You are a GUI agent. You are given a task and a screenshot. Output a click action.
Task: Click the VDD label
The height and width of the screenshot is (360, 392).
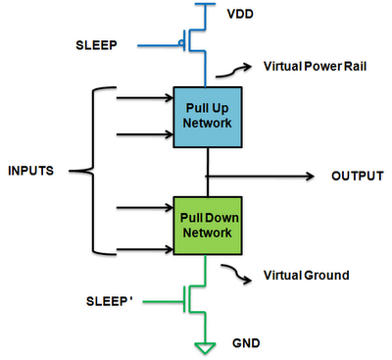(240, 14)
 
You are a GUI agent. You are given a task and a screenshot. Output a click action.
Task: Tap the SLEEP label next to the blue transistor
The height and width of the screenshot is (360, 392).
(96, 45)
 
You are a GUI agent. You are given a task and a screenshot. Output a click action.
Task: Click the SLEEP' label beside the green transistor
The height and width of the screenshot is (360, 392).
(109, 301)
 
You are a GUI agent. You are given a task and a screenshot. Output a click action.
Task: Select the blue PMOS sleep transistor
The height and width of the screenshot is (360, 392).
(194, 40)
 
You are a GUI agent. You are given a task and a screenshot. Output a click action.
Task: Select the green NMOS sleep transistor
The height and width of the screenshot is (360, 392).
(194, 298)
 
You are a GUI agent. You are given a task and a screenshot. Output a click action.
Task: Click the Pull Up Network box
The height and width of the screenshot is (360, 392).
(208, 117)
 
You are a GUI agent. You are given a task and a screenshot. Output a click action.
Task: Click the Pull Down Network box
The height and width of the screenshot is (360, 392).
(208, 226)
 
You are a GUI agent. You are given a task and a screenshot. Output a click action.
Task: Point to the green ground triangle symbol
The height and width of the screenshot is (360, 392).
(205, 347)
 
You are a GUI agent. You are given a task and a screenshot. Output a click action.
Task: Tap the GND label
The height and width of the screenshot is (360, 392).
(246, 343)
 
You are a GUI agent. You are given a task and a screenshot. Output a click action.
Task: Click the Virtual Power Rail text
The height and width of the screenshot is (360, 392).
(315, 67)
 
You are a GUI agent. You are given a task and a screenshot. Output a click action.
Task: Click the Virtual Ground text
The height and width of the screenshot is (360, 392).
(307, 275)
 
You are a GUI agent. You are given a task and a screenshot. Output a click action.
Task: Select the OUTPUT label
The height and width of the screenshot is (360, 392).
(358, 176)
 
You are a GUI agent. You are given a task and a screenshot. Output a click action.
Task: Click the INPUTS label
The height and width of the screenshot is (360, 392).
(30, 171)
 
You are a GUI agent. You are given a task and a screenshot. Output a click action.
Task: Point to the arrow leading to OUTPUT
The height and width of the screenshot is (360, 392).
(260, 177)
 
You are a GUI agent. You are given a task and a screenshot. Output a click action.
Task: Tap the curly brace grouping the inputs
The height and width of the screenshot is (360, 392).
(93, 171)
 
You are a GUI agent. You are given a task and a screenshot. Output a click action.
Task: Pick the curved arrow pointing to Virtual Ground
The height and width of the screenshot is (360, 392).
(236, 272)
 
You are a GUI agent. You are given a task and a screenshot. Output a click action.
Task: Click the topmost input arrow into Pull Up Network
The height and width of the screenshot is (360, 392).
(145, 97)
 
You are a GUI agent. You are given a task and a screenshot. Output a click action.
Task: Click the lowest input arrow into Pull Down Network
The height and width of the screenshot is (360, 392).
(145, 249)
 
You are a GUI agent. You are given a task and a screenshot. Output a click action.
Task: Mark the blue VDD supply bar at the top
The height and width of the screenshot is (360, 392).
(205, 4)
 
